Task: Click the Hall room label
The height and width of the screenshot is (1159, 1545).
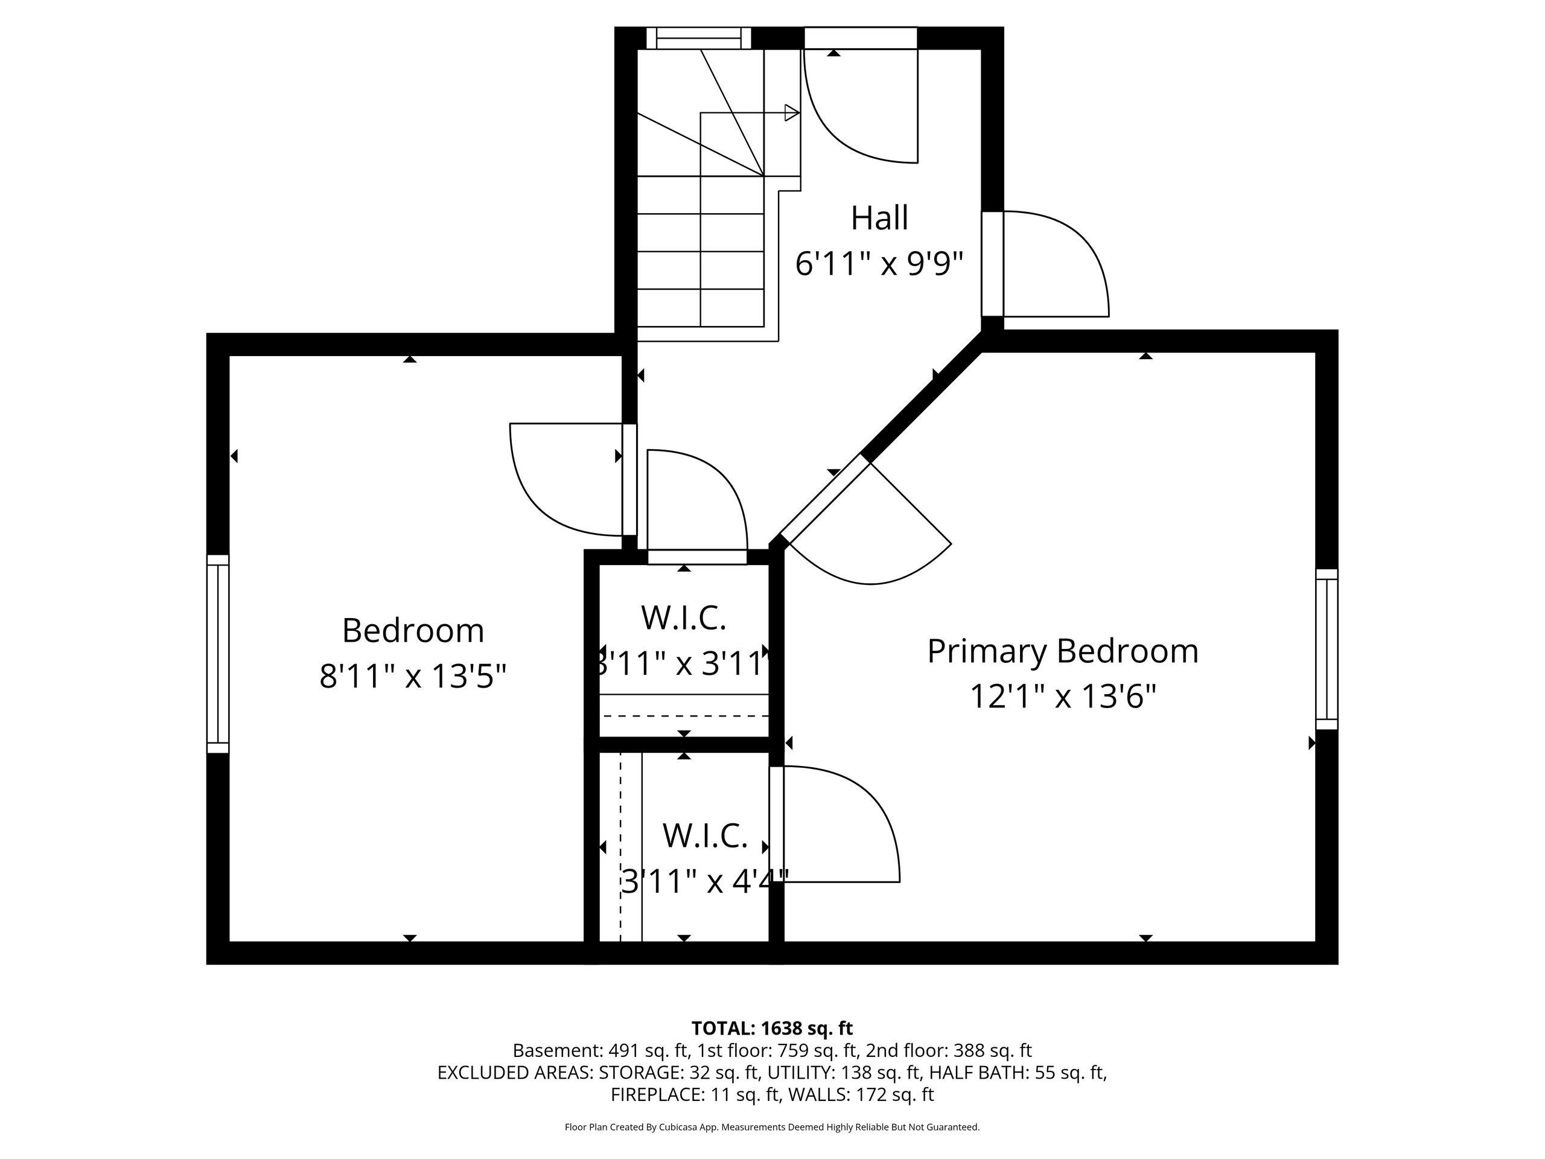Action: [879, 218]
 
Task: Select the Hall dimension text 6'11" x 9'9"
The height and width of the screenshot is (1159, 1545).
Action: [879, 264]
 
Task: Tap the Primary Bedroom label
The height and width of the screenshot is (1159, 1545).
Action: [1062, 652]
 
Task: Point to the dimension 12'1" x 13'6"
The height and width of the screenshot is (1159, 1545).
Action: [1063, 697]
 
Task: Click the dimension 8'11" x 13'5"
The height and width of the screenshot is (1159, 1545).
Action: [413, 676]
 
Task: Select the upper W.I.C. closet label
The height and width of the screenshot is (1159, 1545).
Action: [684, 618]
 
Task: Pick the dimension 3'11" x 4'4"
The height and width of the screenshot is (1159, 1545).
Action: [704, 882]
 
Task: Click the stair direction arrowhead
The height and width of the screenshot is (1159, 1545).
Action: [792, 112]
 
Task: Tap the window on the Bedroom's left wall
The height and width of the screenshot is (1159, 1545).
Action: [218, 654]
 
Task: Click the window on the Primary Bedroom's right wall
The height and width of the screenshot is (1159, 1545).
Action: [1327, 649]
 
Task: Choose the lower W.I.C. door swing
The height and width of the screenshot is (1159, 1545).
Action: [835, 825]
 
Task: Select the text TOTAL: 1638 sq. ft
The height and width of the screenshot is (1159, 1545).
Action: [772, 1029]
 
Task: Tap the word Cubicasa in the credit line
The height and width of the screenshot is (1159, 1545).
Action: [674, 1127]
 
